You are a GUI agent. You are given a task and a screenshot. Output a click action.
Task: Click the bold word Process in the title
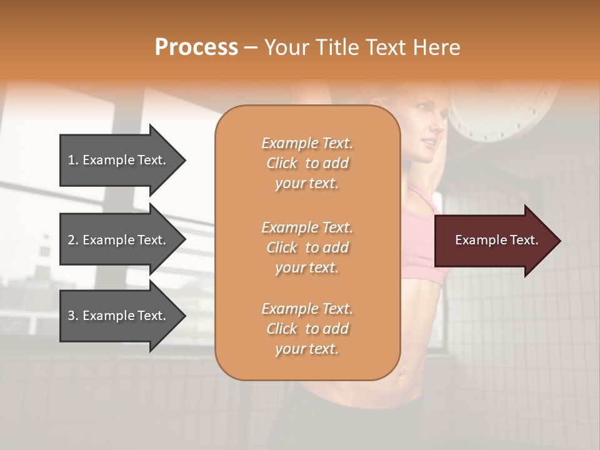coord(196,47)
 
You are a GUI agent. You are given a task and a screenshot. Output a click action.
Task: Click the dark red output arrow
coord(494,241)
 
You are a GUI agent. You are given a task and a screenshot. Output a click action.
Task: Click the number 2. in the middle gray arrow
coord(72,240)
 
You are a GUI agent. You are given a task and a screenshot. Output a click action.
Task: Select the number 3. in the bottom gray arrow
coord(72,316)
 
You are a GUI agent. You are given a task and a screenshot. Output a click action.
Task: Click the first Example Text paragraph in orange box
coord(307,163)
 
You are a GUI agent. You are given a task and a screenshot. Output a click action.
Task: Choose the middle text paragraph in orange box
coord(307,247)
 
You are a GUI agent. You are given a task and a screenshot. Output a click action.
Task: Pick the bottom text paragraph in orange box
coord(307,329)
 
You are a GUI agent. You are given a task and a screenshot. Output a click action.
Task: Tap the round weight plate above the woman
coord(500,112)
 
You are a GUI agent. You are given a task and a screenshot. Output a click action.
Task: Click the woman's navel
coord(402,372)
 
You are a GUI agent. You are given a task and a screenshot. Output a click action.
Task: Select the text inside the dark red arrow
coord(496,240)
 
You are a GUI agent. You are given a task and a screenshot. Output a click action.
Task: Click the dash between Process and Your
coord(251,47)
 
